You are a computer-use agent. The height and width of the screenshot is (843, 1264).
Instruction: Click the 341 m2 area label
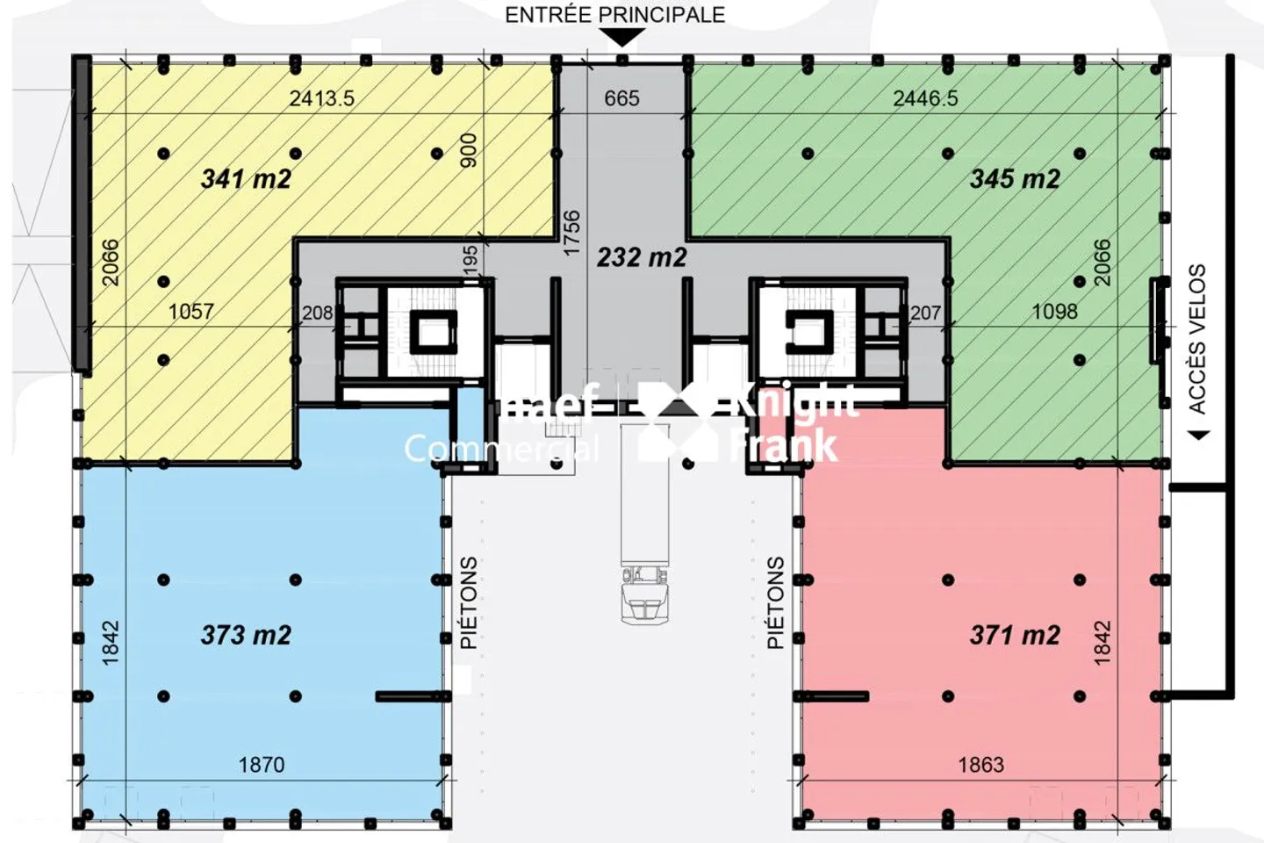pos(246,179)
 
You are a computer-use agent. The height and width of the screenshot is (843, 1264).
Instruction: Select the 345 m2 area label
pos(1015,179)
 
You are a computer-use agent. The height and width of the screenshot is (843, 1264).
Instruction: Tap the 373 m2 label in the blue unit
pos(246,635)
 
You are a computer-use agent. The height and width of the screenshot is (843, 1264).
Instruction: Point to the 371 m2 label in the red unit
pos(1015,635)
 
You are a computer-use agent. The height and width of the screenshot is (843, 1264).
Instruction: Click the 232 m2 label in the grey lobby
pos(642,257)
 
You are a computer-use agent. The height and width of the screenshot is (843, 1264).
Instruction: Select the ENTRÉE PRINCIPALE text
pos(615,15)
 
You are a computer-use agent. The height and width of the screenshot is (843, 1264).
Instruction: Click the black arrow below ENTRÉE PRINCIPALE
pos(621,38)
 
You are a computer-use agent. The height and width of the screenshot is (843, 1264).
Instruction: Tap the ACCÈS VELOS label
pos(1197,338)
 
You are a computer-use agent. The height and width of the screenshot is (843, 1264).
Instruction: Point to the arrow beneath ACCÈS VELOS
pos(1197,435)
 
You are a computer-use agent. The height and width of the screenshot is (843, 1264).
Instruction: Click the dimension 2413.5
pos(322,98)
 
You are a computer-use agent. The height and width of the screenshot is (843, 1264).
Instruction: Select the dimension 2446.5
pos(925,98)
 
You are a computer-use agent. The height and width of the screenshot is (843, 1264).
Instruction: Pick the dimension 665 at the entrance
pos(621,98)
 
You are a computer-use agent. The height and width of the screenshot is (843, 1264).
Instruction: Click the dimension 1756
pos(571,233)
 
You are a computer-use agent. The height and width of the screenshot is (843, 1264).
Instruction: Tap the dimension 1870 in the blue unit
pos(262,765)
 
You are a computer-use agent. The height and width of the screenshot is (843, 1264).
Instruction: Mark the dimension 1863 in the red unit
pos(980,765)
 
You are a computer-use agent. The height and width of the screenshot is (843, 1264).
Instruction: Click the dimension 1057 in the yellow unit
pos(190,312)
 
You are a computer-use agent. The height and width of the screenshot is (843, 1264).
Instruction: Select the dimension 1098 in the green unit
pos(1054,312)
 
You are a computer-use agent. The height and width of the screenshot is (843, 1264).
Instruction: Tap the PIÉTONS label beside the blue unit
pos(469,602)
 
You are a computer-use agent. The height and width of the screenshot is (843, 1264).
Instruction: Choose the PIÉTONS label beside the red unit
pos(775,602)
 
